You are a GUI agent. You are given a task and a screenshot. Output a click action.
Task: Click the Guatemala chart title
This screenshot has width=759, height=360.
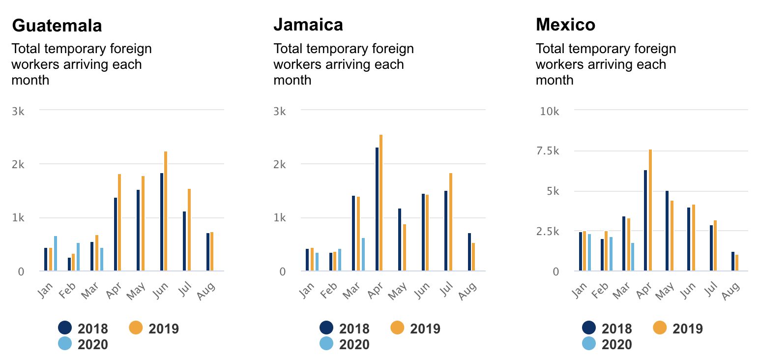(57, 26)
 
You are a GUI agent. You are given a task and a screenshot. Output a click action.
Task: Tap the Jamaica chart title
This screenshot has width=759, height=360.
(308, 25)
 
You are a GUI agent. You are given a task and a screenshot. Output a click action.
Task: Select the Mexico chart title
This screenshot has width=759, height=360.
(565, 25)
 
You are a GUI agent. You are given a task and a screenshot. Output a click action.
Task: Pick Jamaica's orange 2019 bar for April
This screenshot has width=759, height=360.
(381, 203)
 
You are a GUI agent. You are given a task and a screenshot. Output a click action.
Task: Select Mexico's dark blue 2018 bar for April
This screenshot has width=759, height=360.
(645, 220)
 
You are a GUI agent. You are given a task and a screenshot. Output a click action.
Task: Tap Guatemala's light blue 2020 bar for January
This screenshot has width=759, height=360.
(56, 253)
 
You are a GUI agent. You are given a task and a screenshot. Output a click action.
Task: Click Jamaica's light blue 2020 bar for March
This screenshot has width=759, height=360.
(363, 254)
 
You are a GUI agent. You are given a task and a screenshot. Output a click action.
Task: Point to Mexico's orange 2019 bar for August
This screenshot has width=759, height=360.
(737, 263)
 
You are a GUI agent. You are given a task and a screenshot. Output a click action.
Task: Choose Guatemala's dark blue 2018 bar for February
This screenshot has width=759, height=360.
(69, 264)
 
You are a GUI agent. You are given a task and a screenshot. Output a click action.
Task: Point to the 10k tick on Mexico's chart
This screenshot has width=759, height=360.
(550, 111)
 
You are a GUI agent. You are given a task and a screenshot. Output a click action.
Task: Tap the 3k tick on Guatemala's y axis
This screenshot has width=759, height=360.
(18, 111)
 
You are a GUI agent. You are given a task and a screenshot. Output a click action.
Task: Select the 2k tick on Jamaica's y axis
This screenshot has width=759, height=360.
(280, 165)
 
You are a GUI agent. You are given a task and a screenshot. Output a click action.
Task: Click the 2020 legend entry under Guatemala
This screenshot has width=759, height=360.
(83, 344)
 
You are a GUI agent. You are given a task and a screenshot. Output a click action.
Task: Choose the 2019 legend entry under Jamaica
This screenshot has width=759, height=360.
(416, 328)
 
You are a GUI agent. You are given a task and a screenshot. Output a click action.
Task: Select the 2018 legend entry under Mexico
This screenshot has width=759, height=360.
(607, 328)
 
